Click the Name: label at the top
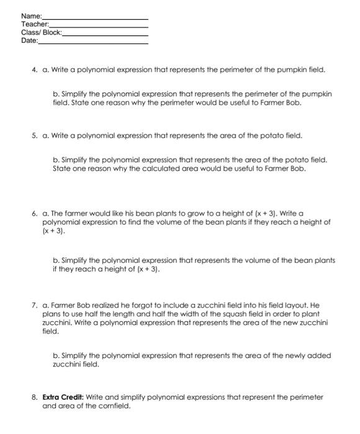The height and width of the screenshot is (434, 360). tap(31, 15)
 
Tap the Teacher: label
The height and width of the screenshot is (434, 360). tap(34, 24)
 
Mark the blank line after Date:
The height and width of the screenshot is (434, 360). tap(93, 42)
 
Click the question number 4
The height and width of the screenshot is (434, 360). tap(35, 70)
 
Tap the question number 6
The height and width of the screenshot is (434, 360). tap(35, 213)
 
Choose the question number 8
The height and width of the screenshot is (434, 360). tap(35, 397)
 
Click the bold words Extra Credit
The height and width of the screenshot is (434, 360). tap(64, 397)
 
